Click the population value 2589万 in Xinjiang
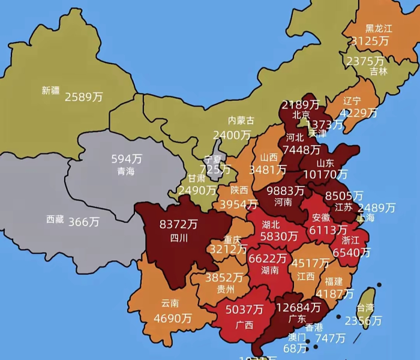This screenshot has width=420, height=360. pyautogui.click(x=83, y=97)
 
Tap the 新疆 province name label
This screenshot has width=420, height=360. pyautogui.click(x=51, y=91)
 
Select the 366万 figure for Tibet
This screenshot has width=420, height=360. pyautogui.click(x=83, y=221)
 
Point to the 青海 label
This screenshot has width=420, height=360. pyautogui.click(x=126, y=172)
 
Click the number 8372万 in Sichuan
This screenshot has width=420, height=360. pyautogui.click(x=179, y=224)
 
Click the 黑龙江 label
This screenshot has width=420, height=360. pyautogui.click(x=379, y=28)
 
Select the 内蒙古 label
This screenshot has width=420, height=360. pyautogui.click(x=241, y=121)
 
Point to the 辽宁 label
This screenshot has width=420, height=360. pyautogui.click(x=353, y=101)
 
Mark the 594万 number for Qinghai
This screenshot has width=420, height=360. pyautogui.click(x=127, y=159)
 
